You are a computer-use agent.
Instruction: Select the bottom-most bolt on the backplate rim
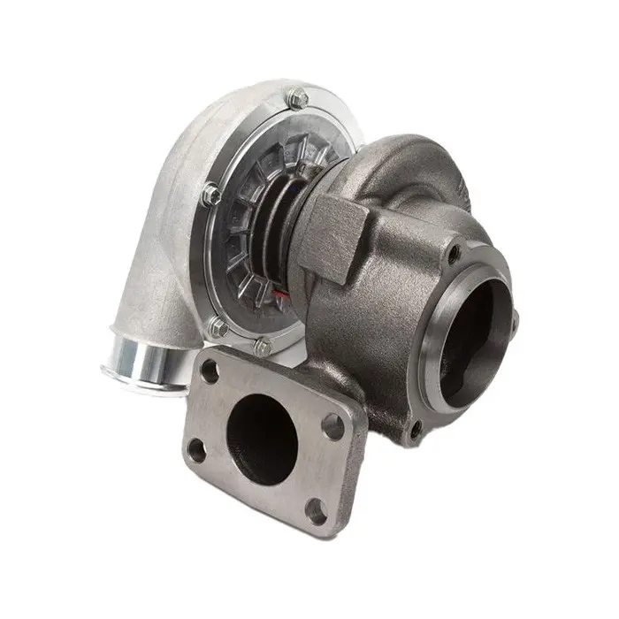(x=263, y=348)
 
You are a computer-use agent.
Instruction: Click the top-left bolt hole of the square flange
(x=210, y=371)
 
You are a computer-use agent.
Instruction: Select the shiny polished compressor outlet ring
(x=141, y=364)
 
